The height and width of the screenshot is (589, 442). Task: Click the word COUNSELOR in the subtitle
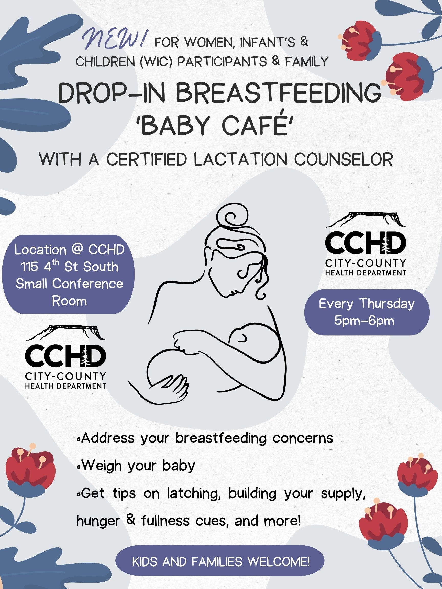[x=344, y=160]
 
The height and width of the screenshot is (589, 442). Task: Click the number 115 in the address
[x=30, y=267]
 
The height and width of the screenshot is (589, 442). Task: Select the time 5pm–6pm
[x=364, y=320]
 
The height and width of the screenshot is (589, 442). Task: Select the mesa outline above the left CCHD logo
[x=65, y=333]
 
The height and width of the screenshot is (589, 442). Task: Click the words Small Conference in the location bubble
[x=69, y=284]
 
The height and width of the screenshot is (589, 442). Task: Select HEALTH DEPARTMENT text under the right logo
[x=366, y=273]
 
